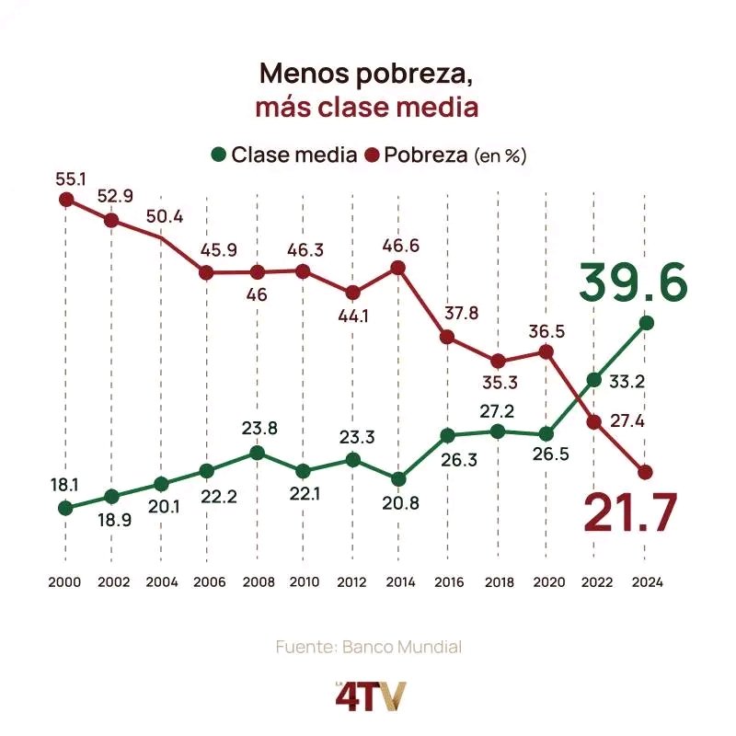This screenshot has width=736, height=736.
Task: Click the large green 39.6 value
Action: (x=633, y=282)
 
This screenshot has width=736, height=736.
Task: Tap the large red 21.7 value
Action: (x=631, y=512)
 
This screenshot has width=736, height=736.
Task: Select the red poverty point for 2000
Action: (x=65, y=199)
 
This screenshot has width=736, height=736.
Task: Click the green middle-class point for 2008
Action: (x=258, y=453)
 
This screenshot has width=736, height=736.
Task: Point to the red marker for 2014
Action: (x=398, y=268)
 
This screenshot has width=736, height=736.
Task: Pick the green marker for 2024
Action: (x=646, y=322)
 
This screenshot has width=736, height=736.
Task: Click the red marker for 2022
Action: (x=594, y=422)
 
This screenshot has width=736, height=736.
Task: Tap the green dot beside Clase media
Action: (x=218, y=155)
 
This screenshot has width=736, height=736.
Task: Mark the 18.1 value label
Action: (x=65, y=483)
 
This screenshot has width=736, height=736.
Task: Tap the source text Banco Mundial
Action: (x=402, y=647)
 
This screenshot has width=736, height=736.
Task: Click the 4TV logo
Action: (x=368, y=695)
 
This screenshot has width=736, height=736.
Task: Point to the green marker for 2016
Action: (x=447, y=435)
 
